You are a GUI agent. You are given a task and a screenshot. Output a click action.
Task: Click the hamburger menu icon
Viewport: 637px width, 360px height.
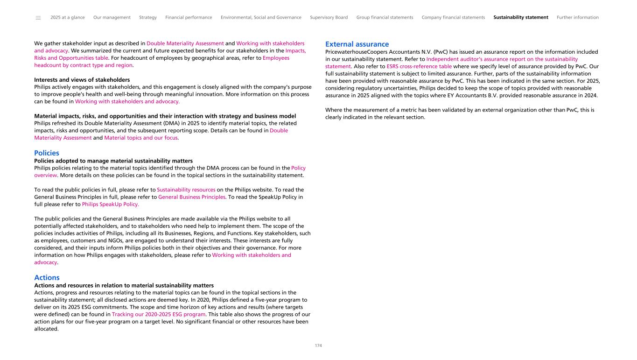click(x=38, y=18)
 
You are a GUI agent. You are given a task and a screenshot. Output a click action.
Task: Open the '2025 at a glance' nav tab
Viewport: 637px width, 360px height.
click(x=68, y=18)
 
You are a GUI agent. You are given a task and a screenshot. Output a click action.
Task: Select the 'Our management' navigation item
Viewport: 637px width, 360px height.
click(x=112, y=18)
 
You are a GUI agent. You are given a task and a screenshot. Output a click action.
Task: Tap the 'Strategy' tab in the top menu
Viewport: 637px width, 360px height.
click(x=148, y=18)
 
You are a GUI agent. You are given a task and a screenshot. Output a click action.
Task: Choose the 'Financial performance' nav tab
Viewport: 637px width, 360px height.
click(x=189, y=18)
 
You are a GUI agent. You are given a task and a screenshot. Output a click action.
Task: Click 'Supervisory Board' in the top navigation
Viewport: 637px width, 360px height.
click(x=329, y=18)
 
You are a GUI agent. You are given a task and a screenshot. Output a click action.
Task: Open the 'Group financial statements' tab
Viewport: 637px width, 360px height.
click(x=385, y=18)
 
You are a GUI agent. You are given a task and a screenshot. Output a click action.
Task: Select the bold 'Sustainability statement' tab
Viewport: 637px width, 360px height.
click(x=521, y=18)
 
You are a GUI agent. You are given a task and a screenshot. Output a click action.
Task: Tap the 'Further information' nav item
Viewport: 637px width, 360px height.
click(x=578, y=18)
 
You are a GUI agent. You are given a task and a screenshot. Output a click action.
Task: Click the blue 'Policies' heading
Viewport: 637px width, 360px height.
click(x=47, y=153)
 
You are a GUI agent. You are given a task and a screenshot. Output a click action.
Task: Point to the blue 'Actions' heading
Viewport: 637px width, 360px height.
click(x=47, y=277)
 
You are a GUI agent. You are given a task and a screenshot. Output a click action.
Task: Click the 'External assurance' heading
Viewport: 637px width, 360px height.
click(x=357, y=44)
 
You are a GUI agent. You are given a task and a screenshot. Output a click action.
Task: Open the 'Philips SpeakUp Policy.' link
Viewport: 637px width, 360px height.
click(x=111, y=205)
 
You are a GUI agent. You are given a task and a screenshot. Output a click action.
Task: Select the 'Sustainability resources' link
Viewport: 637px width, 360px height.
click(x=186, y=190)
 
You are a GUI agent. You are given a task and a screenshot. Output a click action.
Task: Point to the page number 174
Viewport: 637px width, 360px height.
click(x=318, y=346)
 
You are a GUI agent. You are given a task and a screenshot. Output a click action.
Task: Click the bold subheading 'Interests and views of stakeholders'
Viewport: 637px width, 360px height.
click(x=82, y=80)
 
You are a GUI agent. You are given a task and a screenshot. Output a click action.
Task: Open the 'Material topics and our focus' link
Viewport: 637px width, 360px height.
click(x=141, y=138)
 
